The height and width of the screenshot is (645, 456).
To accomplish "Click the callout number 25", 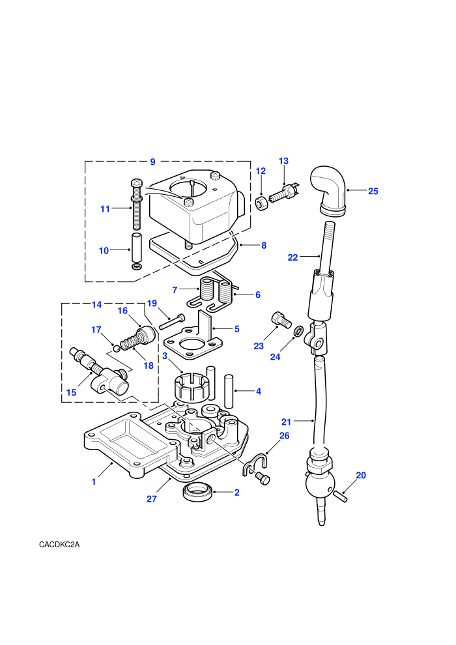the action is (x=373, y=192).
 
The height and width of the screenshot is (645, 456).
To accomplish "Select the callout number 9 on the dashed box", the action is (x=152, y=162).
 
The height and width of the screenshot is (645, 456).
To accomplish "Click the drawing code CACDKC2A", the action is (x=59, y=545).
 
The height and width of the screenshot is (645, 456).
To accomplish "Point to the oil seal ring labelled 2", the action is (x=198, y=493).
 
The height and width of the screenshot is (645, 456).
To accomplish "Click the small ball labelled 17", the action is (x=117, y=349).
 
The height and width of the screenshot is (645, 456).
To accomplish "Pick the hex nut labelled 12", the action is (x=261, y=203).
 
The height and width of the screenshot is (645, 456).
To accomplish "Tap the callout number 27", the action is (x=151, y=499).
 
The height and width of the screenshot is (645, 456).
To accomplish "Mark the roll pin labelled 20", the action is (x=341, y=496).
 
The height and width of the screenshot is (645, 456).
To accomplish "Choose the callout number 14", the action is (x=96, y=305).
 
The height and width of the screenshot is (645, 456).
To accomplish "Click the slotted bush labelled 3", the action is (x=192, y=386).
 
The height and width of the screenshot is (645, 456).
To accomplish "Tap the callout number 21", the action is (x=286, y=422).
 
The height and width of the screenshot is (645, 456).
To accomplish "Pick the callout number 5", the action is (x=237, y=329).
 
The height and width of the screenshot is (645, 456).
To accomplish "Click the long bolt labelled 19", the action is (x=171, y=321).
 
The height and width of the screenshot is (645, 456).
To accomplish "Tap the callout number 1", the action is (x=94, y=481).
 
